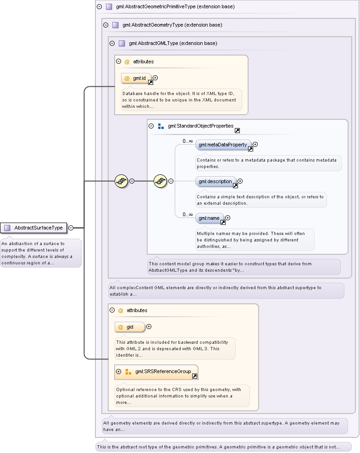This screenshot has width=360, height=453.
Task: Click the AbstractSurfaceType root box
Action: pyautogui.click(x=33, y=228)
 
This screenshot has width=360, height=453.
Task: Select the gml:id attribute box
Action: pyautogui.click(x=136, y=78)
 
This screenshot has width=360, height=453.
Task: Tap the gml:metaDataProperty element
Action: pyautogui.click(x=223, y=145)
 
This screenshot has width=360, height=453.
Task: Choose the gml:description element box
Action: pyautogui.click(x=216, y=181)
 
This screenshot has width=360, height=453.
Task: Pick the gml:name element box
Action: pyautogui.click(x=210, y=218)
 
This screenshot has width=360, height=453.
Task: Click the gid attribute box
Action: pyautogui.click(x=130, y=327)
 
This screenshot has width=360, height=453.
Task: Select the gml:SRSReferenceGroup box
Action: pyautogui.click(x=156, y=372)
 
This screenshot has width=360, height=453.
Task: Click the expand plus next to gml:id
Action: pyautogui.click(x=155, y=78)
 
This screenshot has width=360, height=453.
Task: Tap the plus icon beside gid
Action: pyautogui.click(x=149, y=326)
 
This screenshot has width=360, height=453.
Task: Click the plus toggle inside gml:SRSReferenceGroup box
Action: pyautogui.click(x=118, y=371)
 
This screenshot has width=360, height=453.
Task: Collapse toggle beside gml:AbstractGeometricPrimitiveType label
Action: pyautogui.click(x=100, y=6)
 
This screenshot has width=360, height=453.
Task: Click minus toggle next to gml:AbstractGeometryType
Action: pyautogui.click(x=105, y=25)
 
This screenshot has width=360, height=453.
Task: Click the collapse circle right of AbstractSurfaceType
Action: pyautogui.click(x=71, y=228)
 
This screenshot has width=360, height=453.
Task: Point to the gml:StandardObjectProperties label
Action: pyautogui.click(x=201, y=126)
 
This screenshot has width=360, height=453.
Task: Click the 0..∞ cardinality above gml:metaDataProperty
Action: pyautogui.click(x=188, y=141)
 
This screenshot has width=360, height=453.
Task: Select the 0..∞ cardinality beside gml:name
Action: pyautogui.click(x=188, y=214)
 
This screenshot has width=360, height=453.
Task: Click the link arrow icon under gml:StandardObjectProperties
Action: pyautogui.click(x=237, y=131)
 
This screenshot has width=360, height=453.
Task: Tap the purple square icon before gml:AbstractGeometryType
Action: pyautogui.click(x=116, y=25)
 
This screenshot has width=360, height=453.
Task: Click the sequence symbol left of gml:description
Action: pyautogui.click(x=160, y=181)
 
